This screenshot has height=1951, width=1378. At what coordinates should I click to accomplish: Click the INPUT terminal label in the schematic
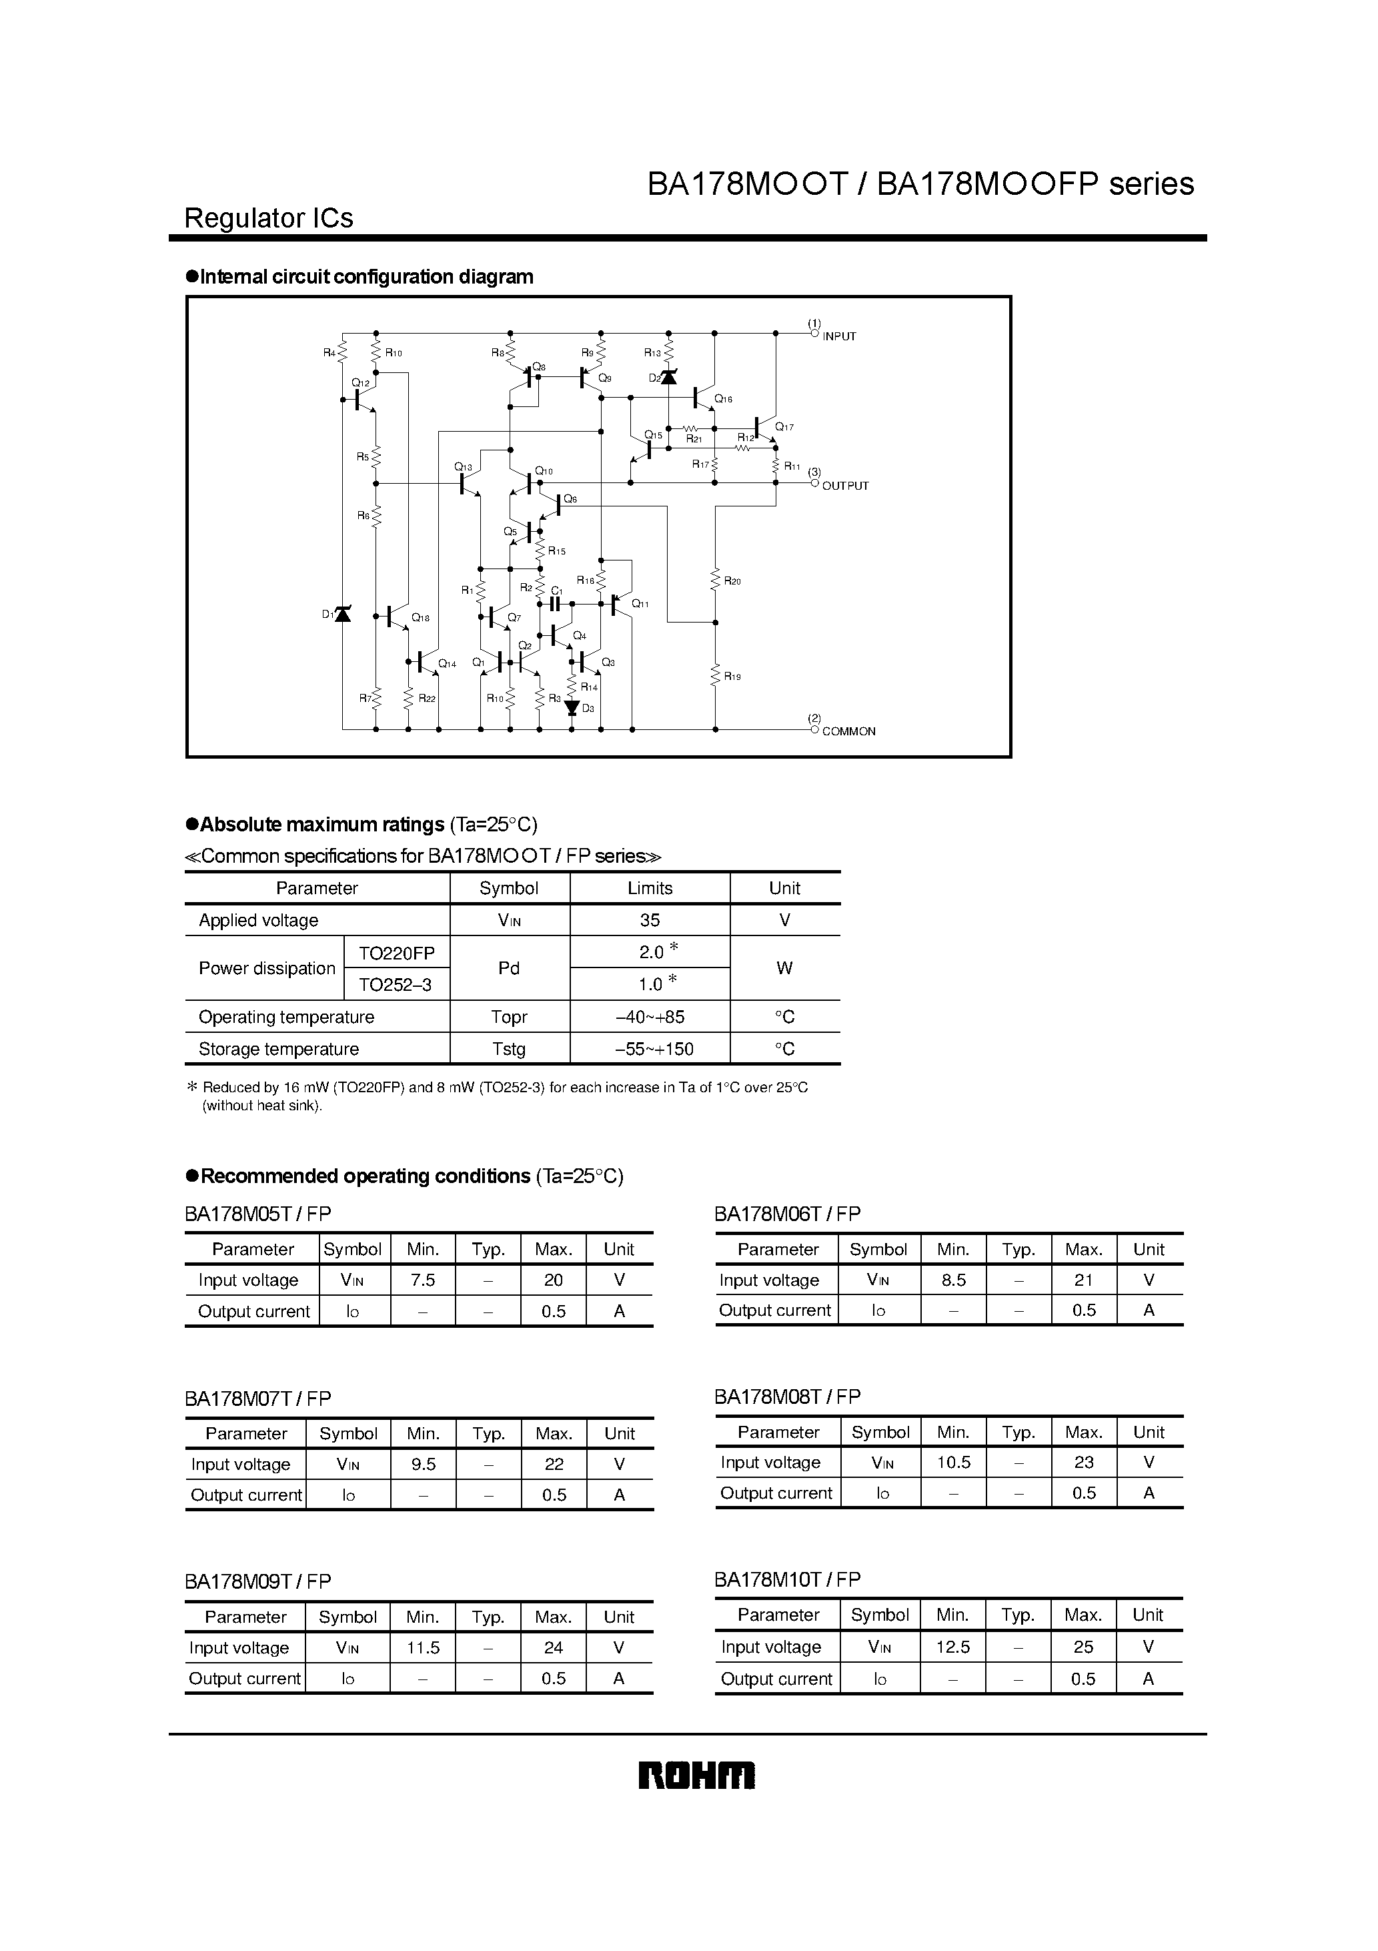click(x=838, y=336)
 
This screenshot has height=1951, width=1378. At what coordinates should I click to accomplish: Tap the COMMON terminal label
click(x=848, y=731)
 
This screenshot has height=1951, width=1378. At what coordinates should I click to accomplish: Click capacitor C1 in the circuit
click(x=556, y=603)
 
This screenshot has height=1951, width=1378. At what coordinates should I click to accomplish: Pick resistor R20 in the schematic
click(x=715, y=580)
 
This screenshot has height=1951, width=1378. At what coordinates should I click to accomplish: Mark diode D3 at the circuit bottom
click(x=572, y=707)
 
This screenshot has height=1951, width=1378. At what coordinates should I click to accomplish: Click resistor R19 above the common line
click(x=715, y=675)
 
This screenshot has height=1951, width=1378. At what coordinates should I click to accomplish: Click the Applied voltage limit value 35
click(x=650, y=920)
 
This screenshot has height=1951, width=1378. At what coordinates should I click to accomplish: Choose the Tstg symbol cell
click(x=509, y=1050)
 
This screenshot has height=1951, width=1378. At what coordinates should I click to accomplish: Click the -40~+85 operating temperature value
click(x=650, y=1017)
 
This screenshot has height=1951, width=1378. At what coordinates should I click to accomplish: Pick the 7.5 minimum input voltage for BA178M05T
click(x=422, y=1280)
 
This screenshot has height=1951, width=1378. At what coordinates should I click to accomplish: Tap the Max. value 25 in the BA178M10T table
click(x=1083, y=1647)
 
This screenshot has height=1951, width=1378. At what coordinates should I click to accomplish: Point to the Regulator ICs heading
click(x=269, y=218)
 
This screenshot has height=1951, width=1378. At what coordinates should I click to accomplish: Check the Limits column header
click(x=650, y=888)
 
